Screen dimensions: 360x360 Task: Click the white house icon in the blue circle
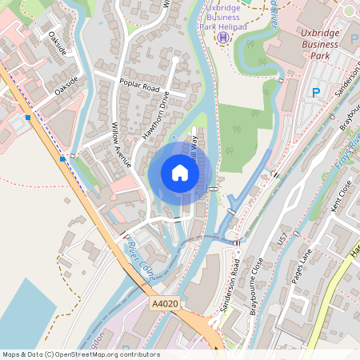[180, 173]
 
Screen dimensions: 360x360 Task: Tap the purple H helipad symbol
[224, 37]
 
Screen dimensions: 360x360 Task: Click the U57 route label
[281, 239]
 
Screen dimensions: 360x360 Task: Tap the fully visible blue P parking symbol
[315, 93]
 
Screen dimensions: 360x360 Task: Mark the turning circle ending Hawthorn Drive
[175, 60]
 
